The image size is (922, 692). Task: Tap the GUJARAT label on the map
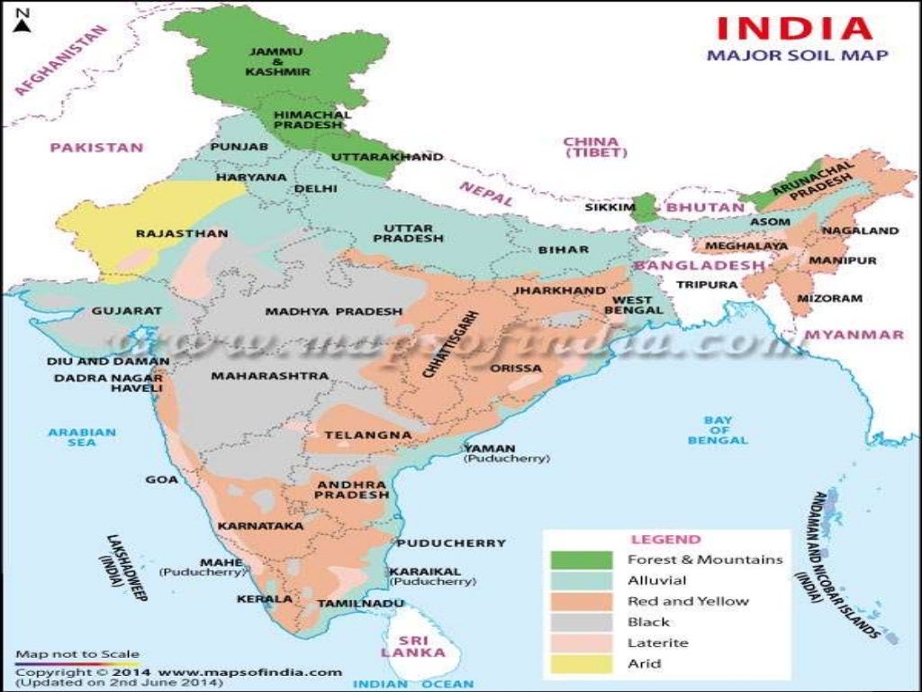coord(126,311)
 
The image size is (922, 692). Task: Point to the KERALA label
coord(264,598)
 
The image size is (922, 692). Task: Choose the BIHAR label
coord(563,249)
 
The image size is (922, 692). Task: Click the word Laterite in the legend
coord(657,642)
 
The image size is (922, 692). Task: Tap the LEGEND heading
coord(665,539)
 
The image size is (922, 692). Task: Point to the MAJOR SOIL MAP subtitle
coord(797,56)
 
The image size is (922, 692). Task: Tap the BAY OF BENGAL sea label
coord(718,431)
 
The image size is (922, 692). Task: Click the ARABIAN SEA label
coord(82,437)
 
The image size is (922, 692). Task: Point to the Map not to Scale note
coord(77,654)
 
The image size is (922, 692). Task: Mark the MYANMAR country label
coord(854,334)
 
